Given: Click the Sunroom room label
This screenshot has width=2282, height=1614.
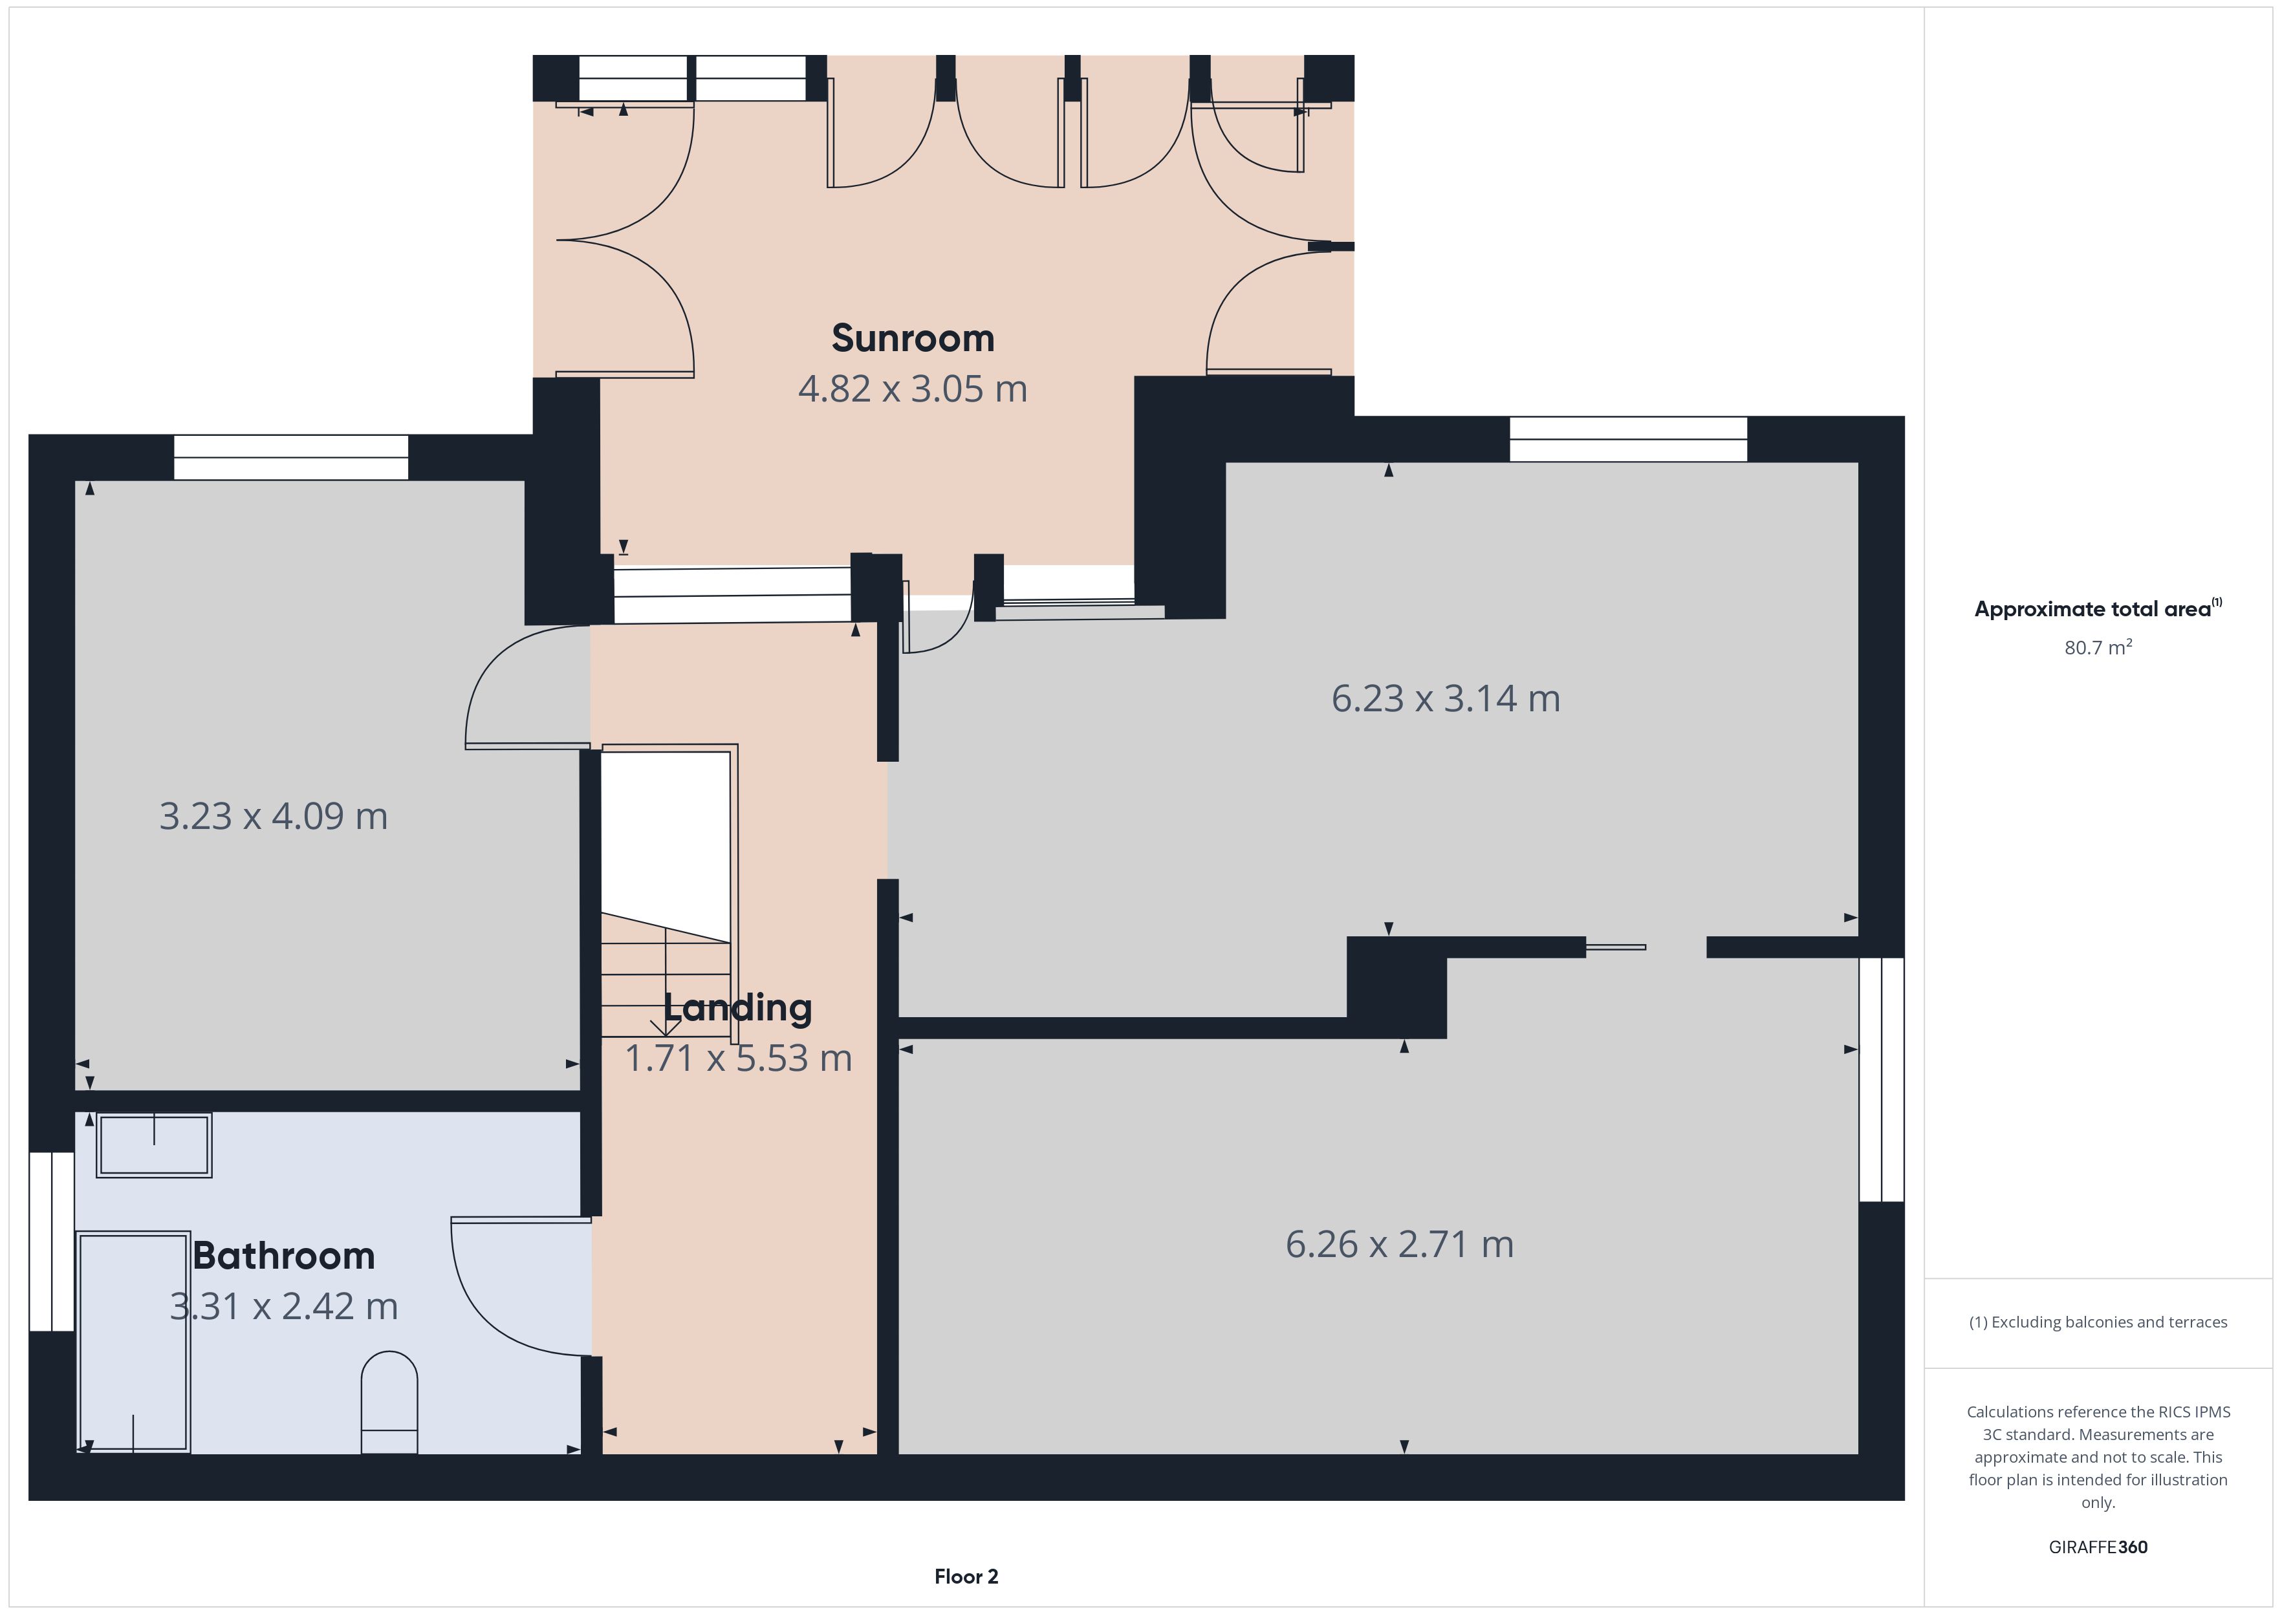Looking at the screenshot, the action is (913, 338).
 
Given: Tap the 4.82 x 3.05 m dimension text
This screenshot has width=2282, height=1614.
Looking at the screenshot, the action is (913, 389).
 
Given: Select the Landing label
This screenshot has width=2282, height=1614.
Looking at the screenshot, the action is (737, 1007).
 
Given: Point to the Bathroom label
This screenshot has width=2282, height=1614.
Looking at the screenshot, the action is (283, 1256).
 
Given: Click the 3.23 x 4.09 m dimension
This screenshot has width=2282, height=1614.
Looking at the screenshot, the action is (274, 816).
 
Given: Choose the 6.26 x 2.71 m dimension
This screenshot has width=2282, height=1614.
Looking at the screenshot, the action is (1400, 1244).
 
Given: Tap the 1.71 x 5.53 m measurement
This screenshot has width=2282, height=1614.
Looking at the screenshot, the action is (737, 1059).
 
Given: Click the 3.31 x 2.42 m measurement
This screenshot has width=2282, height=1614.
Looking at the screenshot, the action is (283, 1306).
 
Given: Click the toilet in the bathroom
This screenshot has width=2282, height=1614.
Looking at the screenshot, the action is (389, 1403).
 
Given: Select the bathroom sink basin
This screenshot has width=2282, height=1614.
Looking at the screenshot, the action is (154, 1146).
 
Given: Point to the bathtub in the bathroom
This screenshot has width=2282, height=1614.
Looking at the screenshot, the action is (133, 1342).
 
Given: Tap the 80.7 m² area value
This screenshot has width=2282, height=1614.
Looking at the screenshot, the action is (2098, 648).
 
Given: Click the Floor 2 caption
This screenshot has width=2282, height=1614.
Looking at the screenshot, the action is (966, 1577).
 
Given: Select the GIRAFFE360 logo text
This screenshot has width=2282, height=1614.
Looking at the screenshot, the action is (2098, 1547).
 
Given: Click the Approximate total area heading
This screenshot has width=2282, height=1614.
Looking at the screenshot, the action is (2098, 608).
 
